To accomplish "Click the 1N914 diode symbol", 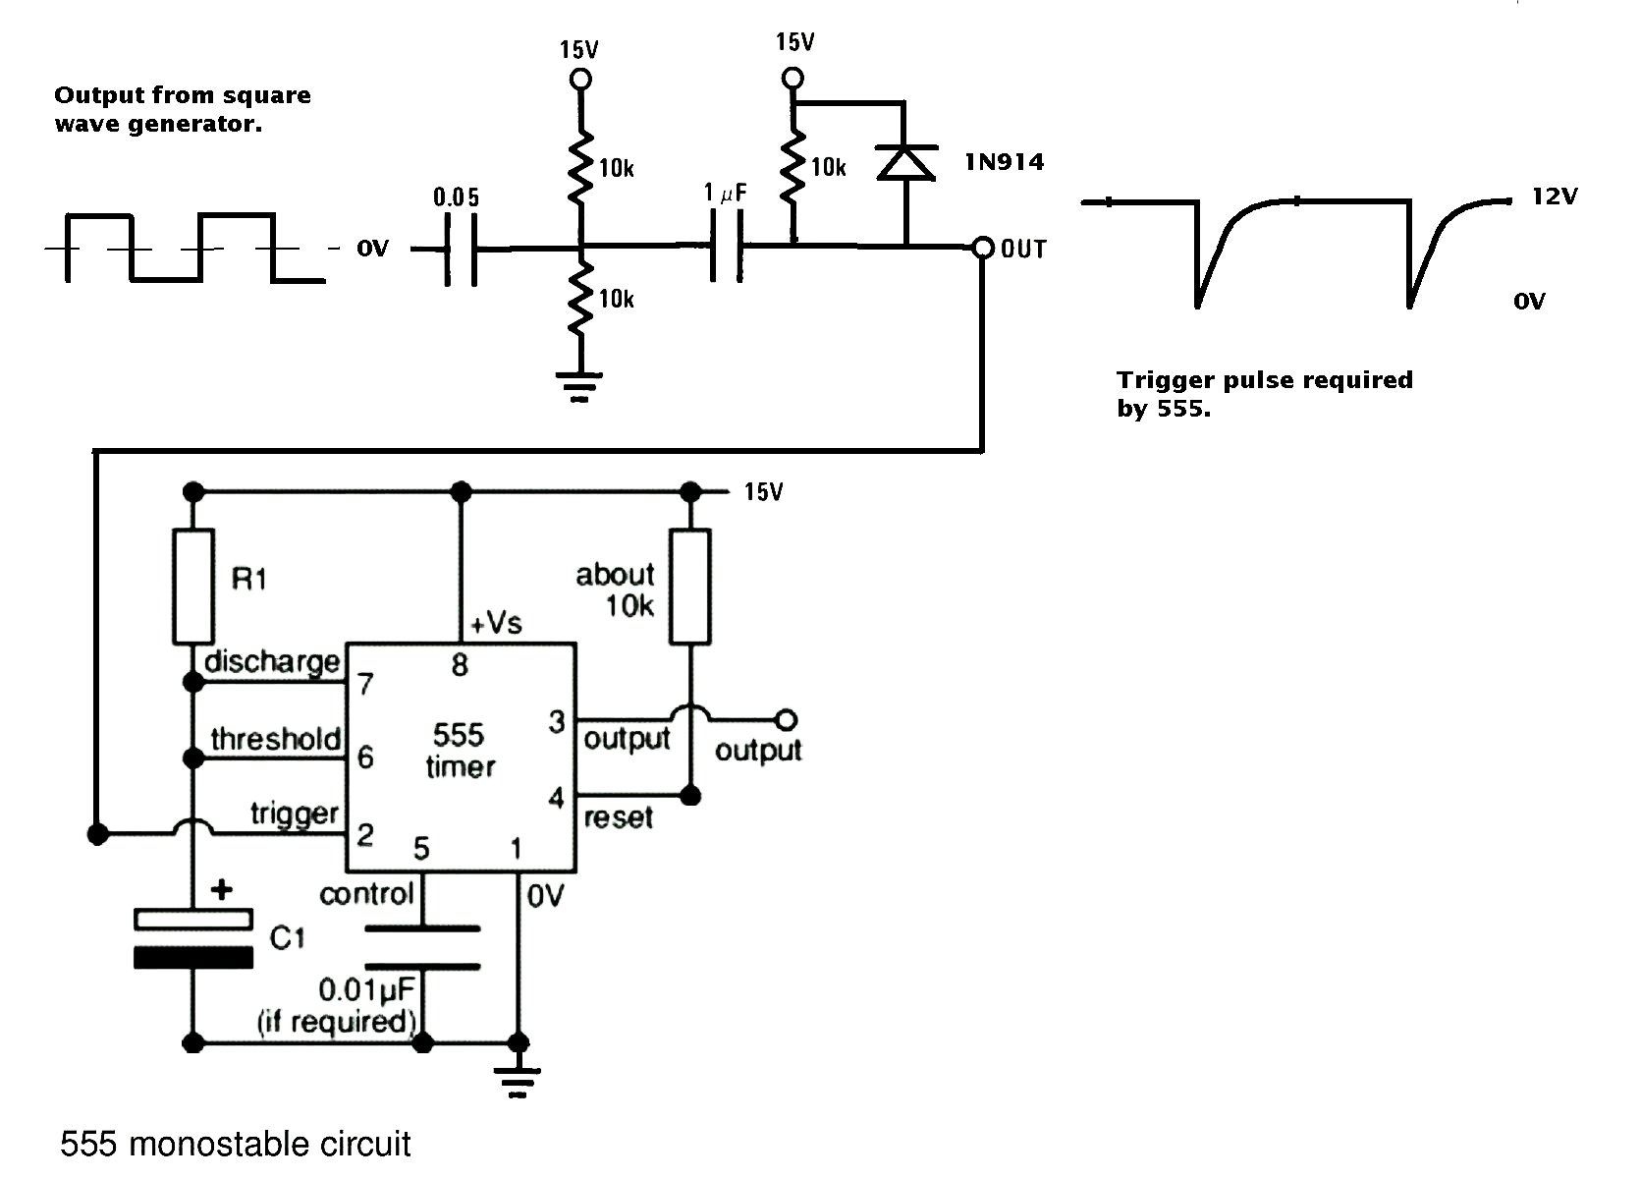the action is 906,162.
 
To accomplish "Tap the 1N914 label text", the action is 1005,162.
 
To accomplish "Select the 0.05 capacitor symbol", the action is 462,250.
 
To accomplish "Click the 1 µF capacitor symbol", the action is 727,246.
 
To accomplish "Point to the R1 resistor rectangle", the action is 193,587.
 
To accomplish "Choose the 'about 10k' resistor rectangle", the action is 690,587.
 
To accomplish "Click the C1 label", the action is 287,938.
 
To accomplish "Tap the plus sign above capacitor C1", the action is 221,890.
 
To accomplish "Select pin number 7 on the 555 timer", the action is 365,684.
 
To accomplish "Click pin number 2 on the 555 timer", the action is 365,835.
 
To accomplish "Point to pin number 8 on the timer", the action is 460,665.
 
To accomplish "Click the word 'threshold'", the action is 276,739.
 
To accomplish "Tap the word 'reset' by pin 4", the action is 619,818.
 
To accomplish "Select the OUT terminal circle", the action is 983,248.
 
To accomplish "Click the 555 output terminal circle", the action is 787,720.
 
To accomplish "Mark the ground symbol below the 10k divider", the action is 579,387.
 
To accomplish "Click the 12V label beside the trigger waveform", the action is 1556,196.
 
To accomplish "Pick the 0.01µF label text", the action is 367,990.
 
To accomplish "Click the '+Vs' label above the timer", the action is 496,623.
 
